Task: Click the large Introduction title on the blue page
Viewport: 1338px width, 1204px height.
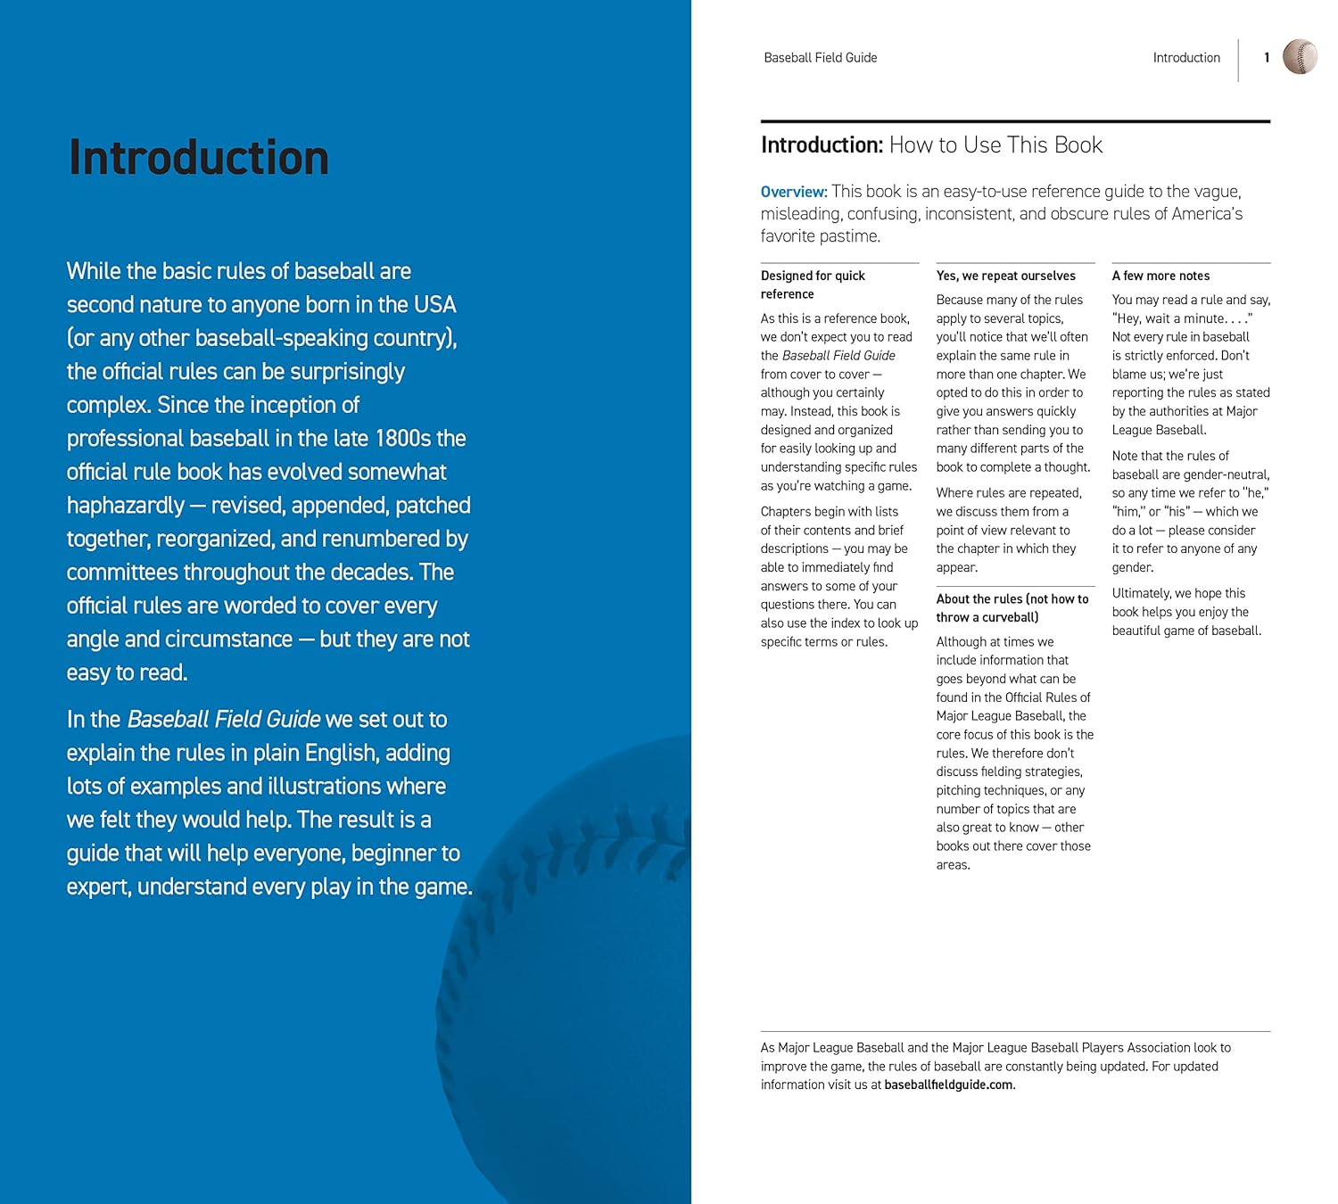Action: click(199, 158)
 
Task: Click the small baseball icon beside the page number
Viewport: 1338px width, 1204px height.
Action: click(1300, 57)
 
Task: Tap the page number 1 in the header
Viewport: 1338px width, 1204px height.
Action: click(1267, 58)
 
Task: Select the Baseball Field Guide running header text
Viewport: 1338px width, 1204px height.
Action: click(820, 58)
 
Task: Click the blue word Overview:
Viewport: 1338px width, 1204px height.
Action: click(794, 192)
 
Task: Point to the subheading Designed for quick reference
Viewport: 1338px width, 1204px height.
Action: click(813, 285)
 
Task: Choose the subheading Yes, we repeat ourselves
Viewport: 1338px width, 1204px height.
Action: click(1005, 276)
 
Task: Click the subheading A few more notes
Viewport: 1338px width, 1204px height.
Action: click(1160, 276)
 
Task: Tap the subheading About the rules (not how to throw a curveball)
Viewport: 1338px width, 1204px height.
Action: click(1012, 608)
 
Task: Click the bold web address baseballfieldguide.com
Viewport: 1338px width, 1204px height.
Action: click(948, 1084)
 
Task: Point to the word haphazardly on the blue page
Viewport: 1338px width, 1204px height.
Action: click(126, 506)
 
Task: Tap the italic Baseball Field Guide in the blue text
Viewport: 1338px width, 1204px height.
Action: click(224, 720)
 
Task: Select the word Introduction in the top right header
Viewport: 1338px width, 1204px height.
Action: click(1185, 58)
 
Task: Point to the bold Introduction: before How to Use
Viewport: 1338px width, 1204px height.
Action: click(822, 145)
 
